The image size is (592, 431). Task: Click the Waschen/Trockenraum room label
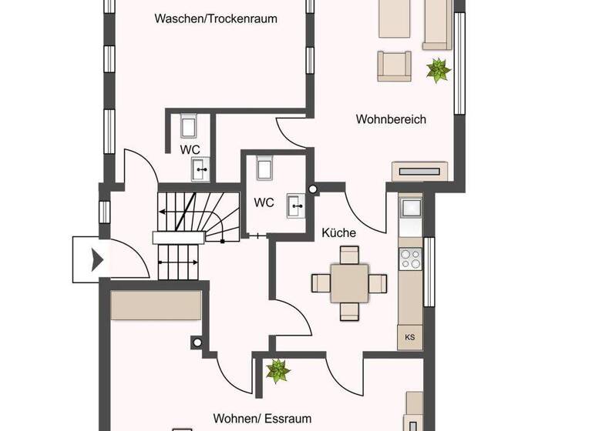click(x=215, y=18)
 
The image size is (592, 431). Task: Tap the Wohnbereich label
click(x=391, y=119)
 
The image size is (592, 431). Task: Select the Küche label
click(x=338, y=232)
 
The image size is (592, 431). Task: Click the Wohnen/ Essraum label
click(x=263, y=419)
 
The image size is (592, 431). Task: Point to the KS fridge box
click(x=409, y=337)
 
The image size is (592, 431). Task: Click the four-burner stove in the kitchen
click(x=410, y=259)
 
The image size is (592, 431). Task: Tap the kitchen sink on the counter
click(x=410, y=208)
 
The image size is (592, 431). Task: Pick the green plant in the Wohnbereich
click(x=439, y=71)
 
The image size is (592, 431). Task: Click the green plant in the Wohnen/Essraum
click(x=277, y=372)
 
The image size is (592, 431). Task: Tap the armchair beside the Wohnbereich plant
click(x=393, y=65)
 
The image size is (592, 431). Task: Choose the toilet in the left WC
click(x=190, y=125)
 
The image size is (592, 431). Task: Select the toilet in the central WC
click(x=265, y=167)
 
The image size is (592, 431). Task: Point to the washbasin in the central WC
click(x=295, y=205)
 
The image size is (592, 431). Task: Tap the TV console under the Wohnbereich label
click(x=419, y=171)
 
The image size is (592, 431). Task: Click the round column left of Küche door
click(x=313, y=189)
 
